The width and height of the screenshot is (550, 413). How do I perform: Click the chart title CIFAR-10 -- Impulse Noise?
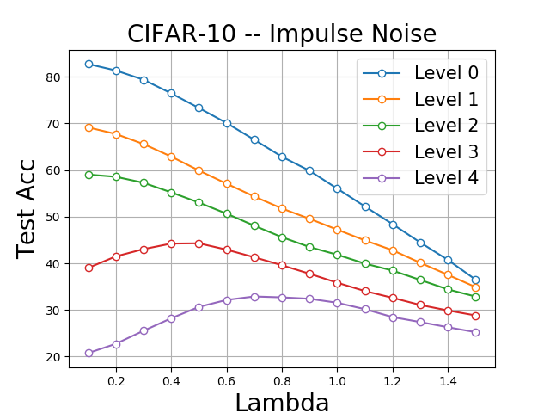coord(282,34)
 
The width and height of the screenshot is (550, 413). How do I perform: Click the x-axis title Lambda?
coord(282,403)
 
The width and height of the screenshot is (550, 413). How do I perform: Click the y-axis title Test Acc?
coord(27,208)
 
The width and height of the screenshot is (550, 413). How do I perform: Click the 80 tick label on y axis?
coord(52,77)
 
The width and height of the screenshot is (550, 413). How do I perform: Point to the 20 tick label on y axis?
coord(52,357)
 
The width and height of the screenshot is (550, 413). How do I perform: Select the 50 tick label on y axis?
coord(52,217)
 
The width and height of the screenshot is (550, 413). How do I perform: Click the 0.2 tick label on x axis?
coord(116,379)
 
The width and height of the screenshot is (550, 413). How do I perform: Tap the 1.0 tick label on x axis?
coord(337,379)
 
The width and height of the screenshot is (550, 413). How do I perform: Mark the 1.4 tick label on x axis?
coord(448,379)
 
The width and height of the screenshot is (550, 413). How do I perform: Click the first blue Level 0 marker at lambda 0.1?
coord(89,64)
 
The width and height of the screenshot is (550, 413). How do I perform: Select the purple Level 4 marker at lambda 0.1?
coord(89,353)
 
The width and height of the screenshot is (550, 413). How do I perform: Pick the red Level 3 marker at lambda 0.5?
coord(199,243)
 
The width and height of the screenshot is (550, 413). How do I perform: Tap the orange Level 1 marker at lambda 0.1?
coord(89,127)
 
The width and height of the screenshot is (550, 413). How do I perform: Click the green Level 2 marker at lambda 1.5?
coord(475,297)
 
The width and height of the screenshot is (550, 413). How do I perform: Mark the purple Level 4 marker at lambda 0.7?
coord(254,297)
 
